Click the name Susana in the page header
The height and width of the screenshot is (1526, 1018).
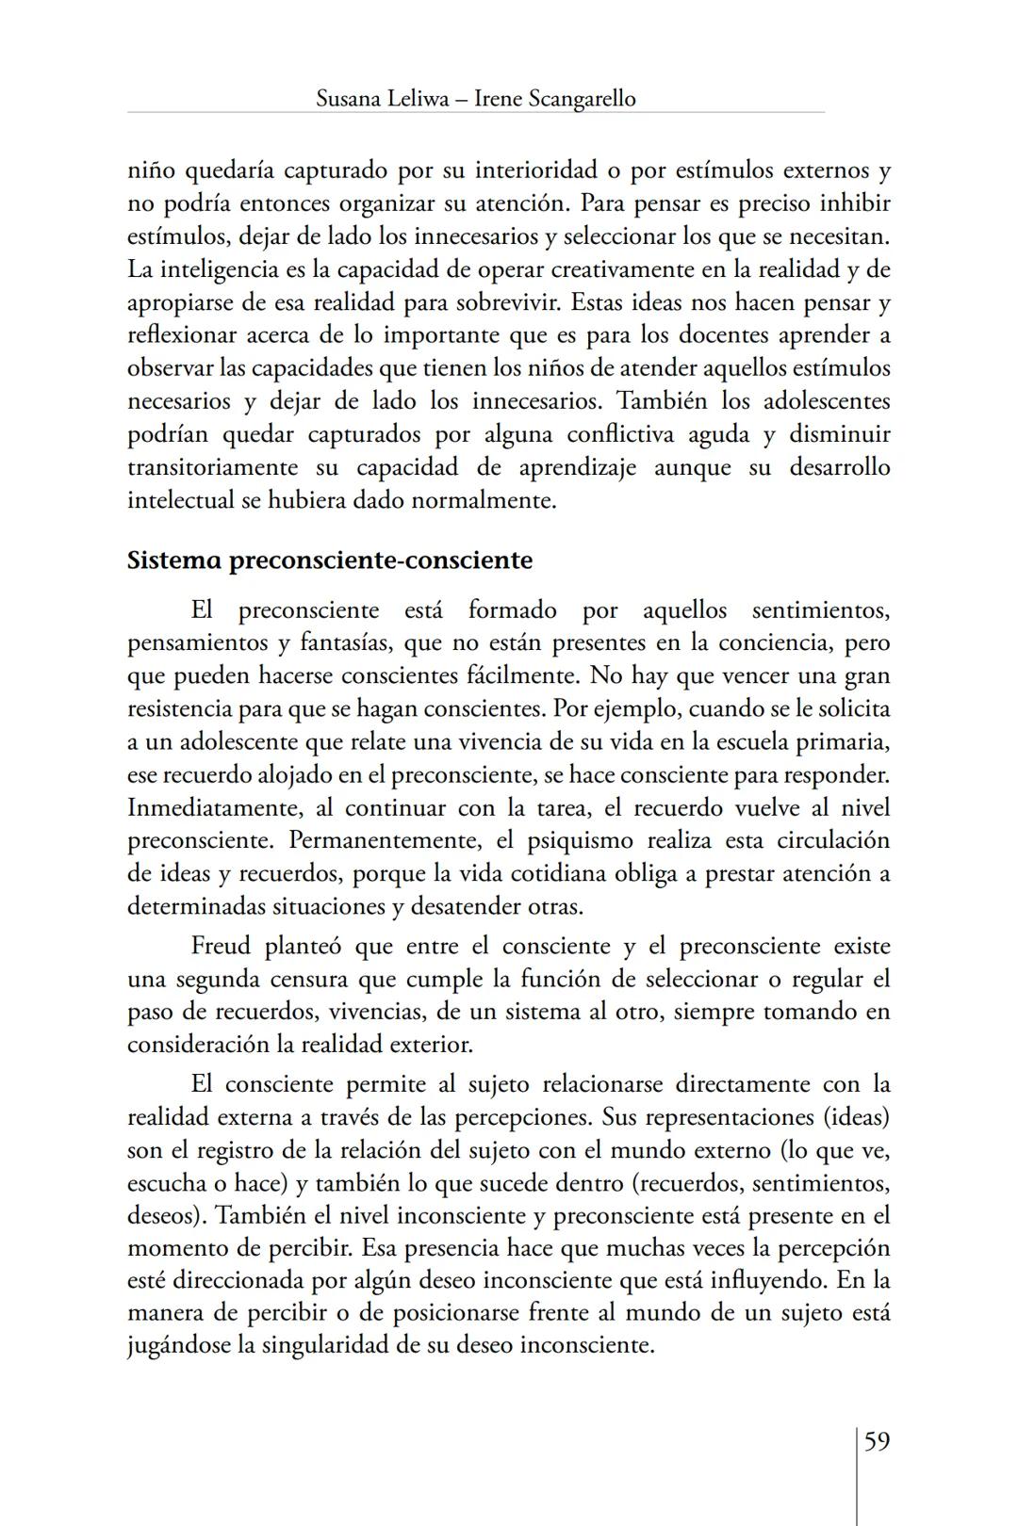point(348,98)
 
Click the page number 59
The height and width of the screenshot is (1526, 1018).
point(877,1441)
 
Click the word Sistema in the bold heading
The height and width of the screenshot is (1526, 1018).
point(175,560)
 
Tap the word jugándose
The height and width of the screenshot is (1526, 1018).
point(179,1344)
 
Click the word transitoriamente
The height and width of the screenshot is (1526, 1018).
point(213,467)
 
